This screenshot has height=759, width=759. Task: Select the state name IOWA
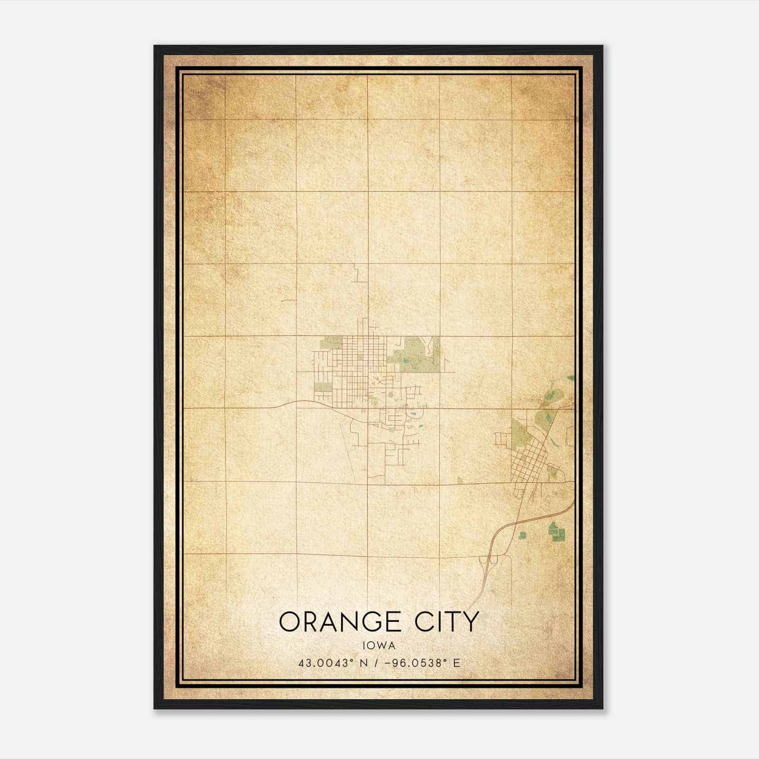click(x=379, y=646)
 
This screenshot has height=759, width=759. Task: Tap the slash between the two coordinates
click(x=377, y=663)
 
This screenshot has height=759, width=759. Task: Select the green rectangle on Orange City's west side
click(x=323, y=387)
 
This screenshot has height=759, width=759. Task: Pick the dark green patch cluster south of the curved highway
click(x=554, y=531)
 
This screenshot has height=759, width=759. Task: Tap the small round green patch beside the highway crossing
click(x=522, y=535)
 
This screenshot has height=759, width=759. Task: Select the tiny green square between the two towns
click(x=460, y=480)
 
